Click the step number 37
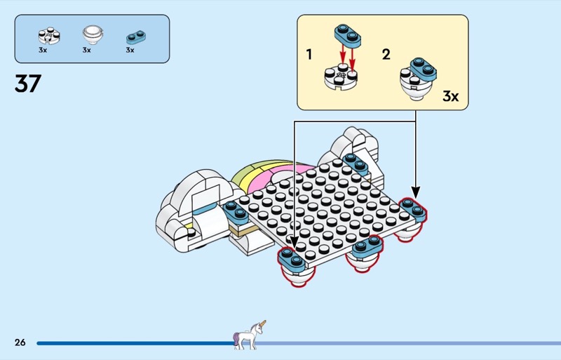[28, 84]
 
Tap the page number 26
[20, 342]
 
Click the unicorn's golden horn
[262, 324]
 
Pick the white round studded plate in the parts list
[49, 36]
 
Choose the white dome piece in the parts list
[93, 34]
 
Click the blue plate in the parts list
[136, 37]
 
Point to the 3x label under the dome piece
[86, 50]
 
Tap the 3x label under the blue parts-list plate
[130, 50]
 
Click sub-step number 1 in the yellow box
[309, 55]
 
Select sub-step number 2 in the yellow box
[386, 55]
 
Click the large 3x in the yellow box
[450, 96]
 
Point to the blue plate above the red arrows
[348, 36]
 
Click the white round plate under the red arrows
[341, 77]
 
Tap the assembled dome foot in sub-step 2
[417, 79]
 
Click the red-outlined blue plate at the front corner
[292, 260]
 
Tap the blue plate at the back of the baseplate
[356, 164]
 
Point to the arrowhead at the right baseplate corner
[415, 192]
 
